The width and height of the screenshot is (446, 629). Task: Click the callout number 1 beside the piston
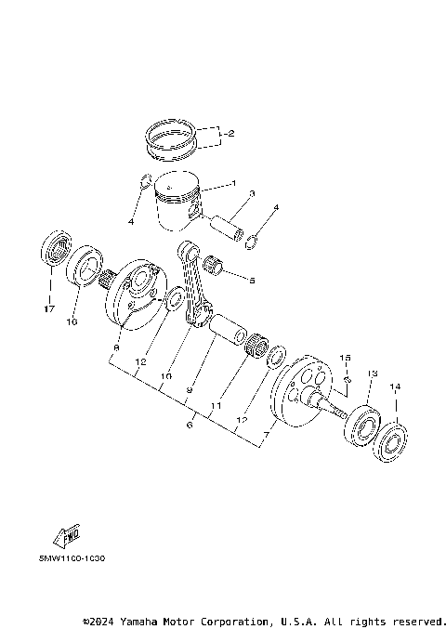pyautogui.click(x=233, y=183)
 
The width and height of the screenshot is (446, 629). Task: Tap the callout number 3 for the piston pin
pyautogui.click(x=251, y=194)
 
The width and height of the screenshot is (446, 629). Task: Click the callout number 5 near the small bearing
pyautogui.click(x=252, y=278)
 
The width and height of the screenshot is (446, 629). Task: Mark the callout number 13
pyautogui.click(x=370, y=373)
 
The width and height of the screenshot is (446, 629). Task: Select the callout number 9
pyautogui.click(x=189, y=391)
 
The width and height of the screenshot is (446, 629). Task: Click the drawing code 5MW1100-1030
pyautogui.click(x=72, y=559)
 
